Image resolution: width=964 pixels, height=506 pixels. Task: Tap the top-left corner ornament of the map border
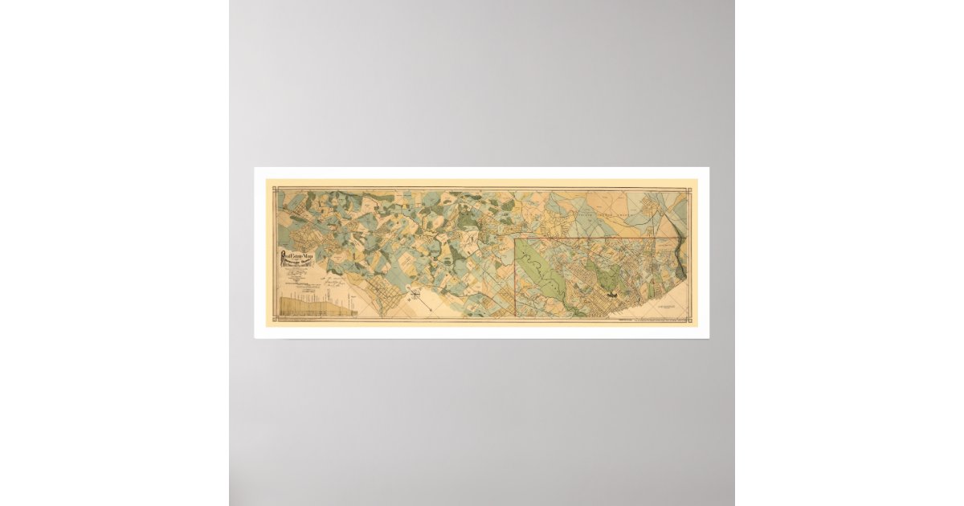[x=276, y=189]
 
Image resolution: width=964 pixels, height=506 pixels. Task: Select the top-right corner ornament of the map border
[x=688, y=189]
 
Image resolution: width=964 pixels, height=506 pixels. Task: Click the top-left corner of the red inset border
[x=515, y=239]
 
